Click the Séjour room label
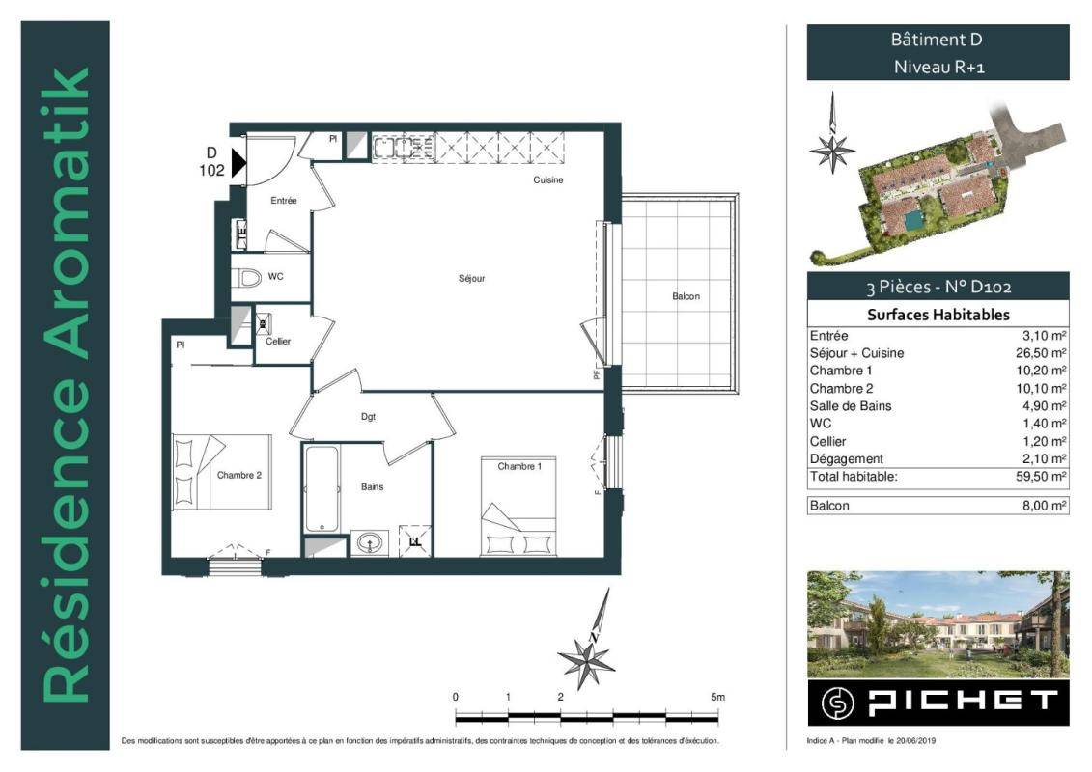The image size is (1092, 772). point(471,279)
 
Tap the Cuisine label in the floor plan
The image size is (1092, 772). point(548,179)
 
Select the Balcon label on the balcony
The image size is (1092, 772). point(686,296)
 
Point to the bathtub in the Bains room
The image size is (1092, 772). point(322,488)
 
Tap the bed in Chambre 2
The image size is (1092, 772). point(221,472)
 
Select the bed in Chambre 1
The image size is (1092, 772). point(518,506)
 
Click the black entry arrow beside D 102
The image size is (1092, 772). point(238,163)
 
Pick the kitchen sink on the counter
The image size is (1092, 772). point(394,148)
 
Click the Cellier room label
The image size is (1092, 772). point(278,341)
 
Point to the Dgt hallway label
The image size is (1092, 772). point(369,416)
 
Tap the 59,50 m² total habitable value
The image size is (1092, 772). point(1041,476)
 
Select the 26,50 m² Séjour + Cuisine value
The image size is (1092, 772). point(1041,353)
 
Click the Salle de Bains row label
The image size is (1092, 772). point(851,406)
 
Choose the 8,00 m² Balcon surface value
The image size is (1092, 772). point(1045,506)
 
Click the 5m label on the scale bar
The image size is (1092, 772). point(718,696)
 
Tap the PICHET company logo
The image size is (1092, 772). point(938,703)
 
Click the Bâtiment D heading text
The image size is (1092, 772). point(937,40)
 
